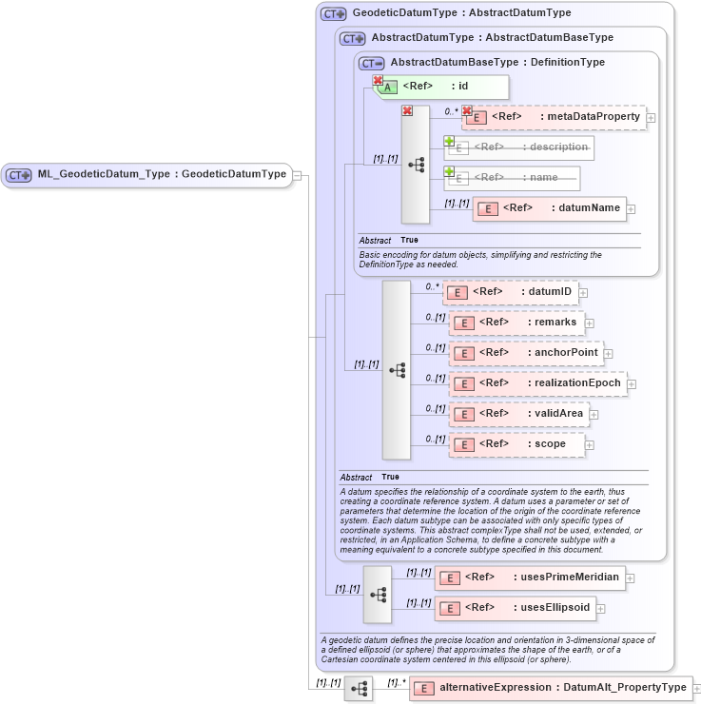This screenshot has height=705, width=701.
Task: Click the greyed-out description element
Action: click(519, 147)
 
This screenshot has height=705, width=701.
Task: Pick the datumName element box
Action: click(549, 208)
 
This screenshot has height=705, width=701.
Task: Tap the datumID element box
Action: click(511, 292)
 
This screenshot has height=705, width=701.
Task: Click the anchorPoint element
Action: click(526, 353)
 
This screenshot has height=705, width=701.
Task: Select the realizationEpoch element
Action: click(537, 383)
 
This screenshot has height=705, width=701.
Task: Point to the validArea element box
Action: click(519, 414)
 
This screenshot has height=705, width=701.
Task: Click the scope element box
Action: click(516, 444)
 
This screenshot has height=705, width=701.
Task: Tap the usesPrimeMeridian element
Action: click(529, 578)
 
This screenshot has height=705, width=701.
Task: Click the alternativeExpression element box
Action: click(551, 688)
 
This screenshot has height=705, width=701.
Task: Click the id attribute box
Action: click(443, 87)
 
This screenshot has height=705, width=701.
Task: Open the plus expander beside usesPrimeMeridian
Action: click(630, 578)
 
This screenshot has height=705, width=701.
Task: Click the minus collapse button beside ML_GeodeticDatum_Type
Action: click(298, 175)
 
